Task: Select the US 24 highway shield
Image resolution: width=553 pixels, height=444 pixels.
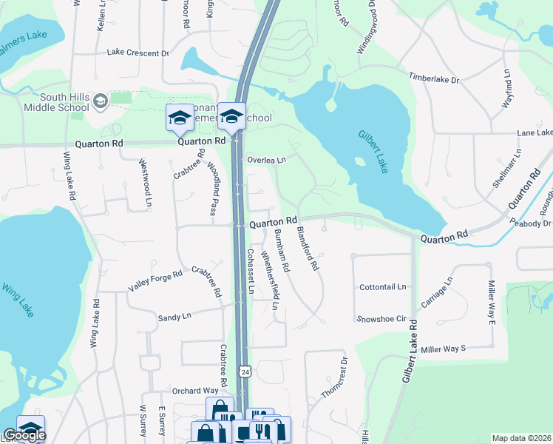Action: coord(245,370)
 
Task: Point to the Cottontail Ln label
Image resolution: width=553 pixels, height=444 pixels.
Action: coord(382,286)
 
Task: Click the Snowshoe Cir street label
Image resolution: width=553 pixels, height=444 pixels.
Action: coord(381,319)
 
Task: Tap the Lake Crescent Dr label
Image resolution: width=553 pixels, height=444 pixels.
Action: coord(138,53)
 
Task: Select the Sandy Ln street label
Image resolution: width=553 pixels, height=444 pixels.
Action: coord(174,317)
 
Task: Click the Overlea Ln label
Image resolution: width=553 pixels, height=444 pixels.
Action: coord(266,159)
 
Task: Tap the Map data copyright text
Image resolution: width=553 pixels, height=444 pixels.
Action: coord(522,438)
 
